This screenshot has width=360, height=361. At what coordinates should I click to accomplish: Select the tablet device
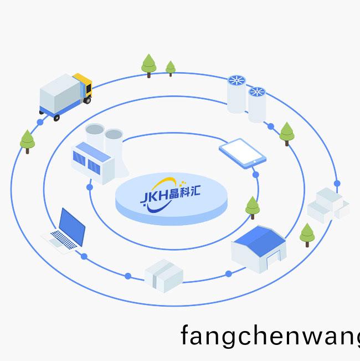(242, 151)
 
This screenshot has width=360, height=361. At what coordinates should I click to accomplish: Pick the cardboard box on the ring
(164, 274)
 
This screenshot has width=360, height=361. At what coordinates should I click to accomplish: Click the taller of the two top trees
(148, 64)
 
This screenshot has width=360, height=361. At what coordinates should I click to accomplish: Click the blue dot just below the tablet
(255, 175)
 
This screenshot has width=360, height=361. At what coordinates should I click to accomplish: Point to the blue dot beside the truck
(40, 122)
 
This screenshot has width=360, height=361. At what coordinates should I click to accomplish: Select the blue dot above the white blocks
(337, 183)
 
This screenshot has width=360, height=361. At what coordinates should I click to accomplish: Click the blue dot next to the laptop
(84, 256)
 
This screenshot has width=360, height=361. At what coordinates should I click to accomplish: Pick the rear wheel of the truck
(56, 118)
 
